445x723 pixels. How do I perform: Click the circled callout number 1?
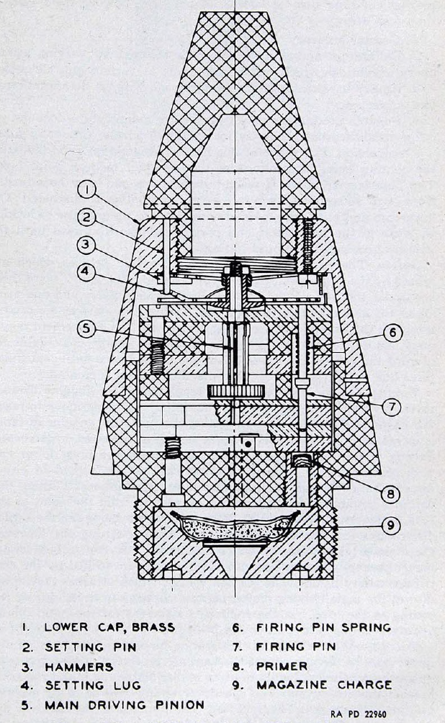(86, 189)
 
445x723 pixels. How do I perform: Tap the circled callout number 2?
(86, 217)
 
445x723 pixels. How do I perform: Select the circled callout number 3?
(86, 244)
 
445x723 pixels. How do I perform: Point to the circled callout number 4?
(86, 271)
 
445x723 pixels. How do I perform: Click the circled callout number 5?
(86, 329)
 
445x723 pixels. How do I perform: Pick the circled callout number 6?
(393, 333)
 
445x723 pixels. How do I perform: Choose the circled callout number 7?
(392, 407)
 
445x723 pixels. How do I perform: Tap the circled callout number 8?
(390, 494)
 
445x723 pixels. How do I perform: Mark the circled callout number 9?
(391, 526)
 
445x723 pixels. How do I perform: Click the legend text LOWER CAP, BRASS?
(109, 627)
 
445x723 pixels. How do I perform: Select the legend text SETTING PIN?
(91, 647)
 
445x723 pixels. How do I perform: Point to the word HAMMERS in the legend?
(79, 667)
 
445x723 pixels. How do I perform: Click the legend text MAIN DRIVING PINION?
(125, 705)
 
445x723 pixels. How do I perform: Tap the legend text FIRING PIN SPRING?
(324, 627)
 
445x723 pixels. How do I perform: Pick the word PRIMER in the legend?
(282, 666)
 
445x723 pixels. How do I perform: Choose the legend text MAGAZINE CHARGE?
(324, 685)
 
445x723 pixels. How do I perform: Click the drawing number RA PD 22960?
(359, 714)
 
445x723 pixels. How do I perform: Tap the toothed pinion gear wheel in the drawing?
(235, 392)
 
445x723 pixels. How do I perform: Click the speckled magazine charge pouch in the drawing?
(235, 527)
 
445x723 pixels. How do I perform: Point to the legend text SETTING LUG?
(93, 686)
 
